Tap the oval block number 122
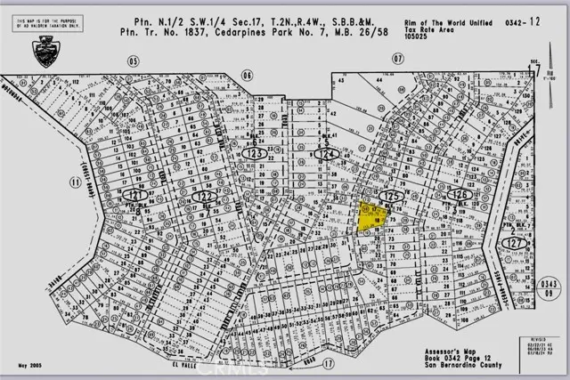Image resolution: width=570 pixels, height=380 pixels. pyautogui.click(x=204, y=195)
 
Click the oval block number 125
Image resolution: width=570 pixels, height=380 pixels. pyautogui.click(x=389, y=193)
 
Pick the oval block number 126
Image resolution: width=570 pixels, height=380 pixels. pyautogui.click(x=459, y=193)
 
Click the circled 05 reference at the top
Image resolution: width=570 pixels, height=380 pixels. pyautogui.click(x=134, y=61)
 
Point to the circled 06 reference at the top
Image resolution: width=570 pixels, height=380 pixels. pyautogui.click(x=247, y=75)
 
